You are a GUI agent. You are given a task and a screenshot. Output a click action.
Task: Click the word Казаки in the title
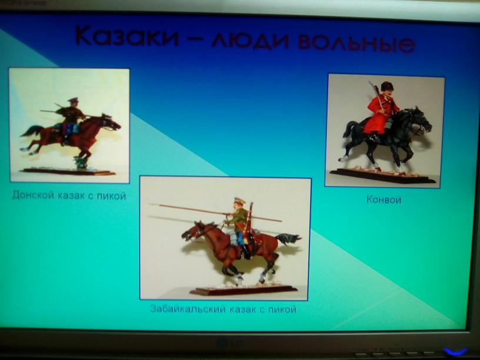point(126,36)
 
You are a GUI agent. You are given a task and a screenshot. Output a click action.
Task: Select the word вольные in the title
point(356,42)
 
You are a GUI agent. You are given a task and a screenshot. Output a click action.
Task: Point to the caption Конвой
point(384,199)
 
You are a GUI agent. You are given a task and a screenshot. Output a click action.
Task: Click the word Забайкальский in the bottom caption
point(188,309)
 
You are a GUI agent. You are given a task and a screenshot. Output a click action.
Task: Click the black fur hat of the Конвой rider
point(387,86)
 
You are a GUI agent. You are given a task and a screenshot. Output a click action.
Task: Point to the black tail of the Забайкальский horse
point(288,238)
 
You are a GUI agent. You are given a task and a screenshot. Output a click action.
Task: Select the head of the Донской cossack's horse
point(111,122)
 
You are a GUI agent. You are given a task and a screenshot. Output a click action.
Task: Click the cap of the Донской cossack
point(73,99)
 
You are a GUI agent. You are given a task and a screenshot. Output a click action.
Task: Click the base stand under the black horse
point(383,176)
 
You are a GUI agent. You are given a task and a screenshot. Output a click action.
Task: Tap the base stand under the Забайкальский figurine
point(244,290)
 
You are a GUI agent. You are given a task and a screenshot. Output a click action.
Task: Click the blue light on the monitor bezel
point(456,351)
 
